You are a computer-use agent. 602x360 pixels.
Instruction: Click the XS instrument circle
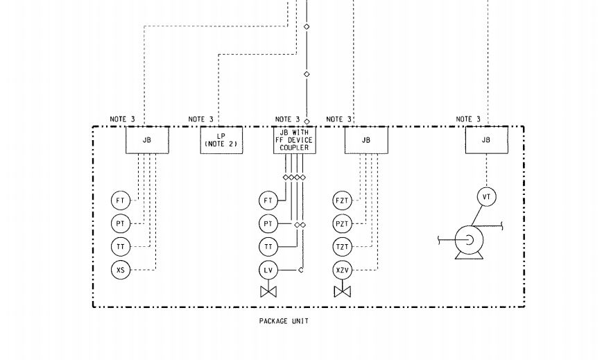click(121, 269)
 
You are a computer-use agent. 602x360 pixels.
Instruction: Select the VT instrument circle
click(487, 198)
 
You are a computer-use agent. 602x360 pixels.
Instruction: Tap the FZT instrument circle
click(342, 201)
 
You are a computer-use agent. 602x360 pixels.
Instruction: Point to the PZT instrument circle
click(342, 224)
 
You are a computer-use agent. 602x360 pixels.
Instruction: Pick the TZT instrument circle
click(342, 246)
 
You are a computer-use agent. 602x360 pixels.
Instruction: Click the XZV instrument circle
click(342, 269)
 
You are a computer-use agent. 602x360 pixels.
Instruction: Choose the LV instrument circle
click(268, 269)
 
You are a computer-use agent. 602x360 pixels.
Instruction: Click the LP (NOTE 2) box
click(221, 140)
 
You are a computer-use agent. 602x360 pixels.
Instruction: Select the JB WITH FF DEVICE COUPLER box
click(293, 140)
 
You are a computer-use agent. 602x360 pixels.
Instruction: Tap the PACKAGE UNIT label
click(284, 321)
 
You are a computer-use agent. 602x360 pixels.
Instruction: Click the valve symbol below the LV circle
click(268, 291)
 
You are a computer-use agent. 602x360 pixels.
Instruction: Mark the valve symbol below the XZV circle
click(342, 291)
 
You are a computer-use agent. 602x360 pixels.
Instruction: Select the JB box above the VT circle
click(486, 140)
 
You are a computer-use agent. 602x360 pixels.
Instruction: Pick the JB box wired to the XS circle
click(146, 140)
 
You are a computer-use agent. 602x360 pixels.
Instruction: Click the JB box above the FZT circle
click(366, 140)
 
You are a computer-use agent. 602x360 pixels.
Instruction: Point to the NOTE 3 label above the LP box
click(201, 119)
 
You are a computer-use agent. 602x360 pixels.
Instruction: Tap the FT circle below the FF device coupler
click(268, 201)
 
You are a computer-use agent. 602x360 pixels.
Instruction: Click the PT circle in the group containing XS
click(121, 224)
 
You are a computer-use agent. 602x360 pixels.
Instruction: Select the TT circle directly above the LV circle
click(268, 246)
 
